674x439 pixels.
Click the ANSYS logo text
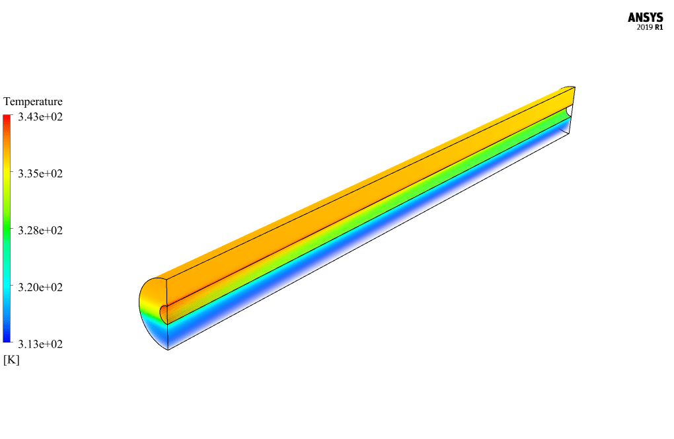point(645,18)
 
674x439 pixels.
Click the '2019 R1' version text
point(650,28)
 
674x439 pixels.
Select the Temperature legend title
point(33,101)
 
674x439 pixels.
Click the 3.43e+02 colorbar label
point(40,117)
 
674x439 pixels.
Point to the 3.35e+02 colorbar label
point(40,174)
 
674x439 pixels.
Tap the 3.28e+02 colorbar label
point(40,231)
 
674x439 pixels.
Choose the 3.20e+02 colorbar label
point(40,287)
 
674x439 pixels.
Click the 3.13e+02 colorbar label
point(40,344)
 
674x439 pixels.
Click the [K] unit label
point(11,360)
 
